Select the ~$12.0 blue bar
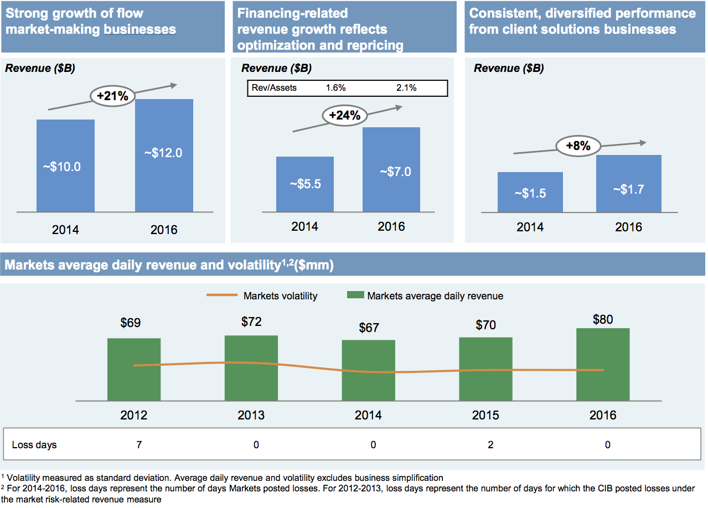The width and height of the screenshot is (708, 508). (164, 155)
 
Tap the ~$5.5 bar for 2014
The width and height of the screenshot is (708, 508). (305, 184)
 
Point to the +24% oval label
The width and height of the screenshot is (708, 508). (344, 115)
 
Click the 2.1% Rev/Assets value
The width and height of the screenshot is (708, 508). (406, 88)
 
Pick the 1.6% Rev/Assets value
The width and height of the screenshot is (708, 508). (335, 88)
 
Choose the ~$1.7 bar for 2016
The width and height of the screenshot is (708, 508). (628, 184)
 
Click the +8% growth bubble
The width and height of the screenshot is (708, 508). (577, 146)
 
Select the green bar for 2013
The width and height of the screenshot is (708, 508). (251, 368)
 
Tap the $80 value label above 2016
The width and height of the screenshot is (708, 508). (603, 319)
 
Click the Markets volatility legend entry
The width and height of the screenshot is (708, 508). (262, 296)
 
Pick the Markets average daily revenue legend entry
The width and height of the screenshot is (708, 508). (425, 296)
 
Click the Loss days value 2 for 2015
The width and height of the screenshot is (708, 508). (490, 445)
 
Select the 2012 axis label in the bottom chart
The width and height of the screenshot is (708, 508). (134, 416)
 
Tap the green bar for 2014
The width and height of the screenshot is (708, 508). (369, 370)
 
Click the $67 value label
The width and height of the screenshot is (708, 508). (369, 328)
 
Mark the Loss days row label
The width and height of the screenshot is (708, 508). (34, 445)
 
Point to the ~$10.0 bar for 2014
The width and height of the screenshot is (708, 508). (65, 166)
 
